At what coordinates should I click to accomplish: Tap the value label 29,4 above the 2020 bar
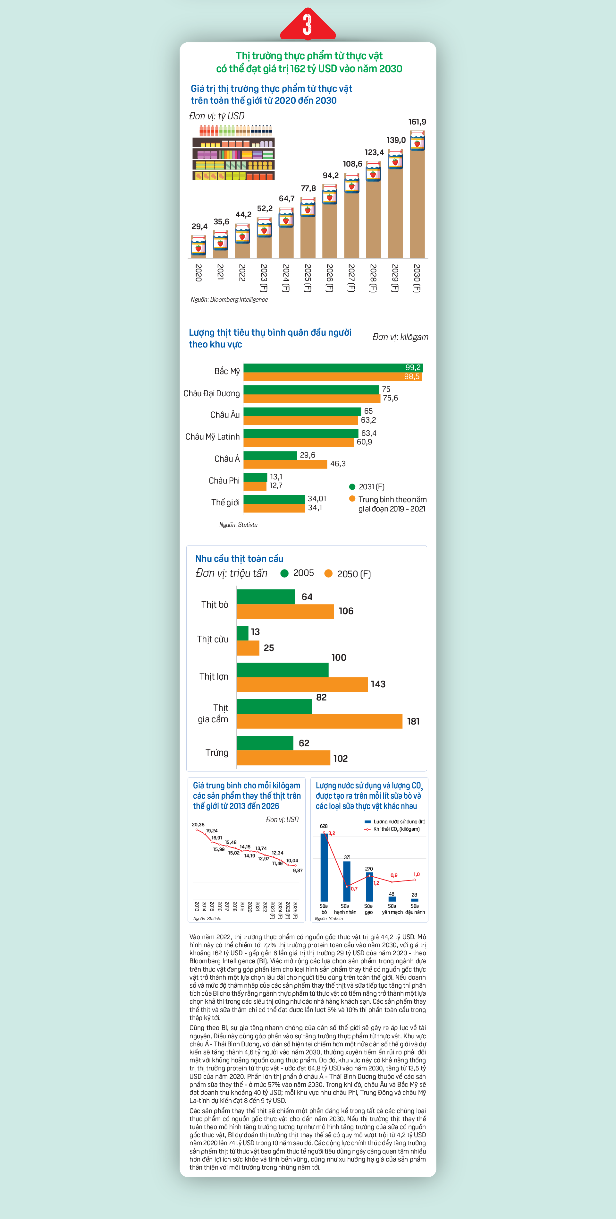[199, 227]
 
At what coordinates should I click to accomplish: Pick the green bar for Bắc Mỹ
[333, 368]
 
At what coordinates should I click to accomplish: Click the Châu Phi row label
[224, 481]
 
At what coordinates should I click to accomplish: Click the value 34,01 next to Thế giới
[317, 499]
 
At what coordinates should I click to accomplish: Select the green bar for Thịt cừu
[242, 633]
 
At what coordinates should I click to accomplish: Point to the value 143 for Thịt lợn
[378, 684]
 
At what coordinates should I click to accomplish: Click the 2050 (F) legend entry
[348, 574]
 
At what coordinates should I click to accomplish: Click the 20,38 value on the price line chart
[198, 824]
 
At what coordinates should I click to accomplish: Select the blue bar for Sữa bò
[324, 867]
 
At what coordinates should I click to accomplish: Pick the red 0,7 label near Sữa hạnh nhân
[354, 889]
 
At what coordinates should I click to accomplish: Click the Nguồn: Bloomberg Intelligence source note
[229, 300]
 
